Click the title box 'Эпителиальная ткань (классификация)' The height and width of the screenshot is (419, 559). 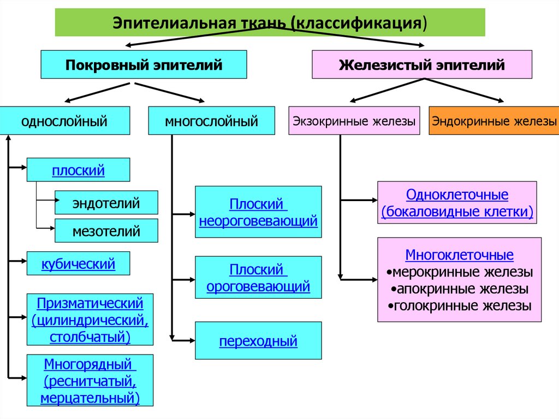[x=270, y=23]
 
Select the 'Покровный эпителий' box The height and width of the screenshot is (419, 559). [x=144, y=65]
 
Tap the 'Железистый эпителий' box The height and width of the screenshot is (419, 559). [x=421, y=65]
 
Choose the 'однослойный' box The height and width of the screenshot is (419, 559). [x=64, y=121]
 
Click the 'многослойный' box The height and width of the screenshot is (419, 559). [x=212, y=121]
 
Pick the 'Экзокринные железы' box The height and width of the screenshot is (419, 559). [x=354, y=121]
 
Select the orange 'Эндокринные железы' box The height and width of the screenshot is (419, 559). [x=494, y=121]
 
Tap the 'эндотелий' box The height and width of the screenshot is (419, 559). [x=106, y=203]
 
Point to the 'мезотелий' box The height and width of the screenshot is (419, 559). [x=106, y=231]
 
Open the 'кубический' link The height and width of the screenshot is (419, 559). [x=78, y=264]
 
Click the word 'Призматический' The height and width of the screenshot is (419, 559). [x=90, y=303]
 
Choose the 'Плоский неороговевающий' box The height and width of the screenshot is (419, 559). [x=258, y=213]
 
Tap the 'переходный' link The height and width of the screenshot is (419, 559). [x=258, y=342]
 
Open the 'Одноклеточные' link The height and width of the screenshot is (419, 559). [x=457, y=195]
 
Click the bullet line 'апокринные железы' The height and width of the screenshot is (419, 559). [x=459, y=288]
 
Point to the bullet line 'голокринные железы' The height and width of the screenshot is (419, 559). [x=459, y=305]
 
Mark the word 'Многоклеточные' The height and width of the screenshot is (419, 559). [x=459, y=255]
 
